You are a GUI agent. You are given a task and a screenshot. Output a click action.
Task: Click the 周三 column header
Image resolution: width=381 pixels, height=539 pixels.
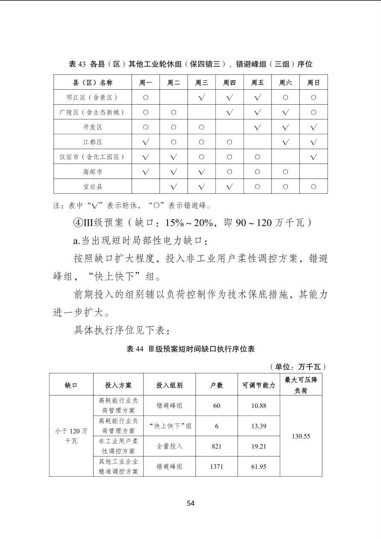pyautogui.click(x=202, y=82)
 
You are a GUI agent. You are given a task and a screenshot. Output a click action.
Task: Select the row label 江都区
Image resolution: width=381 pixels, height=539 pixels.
pyautogui.click(x=93, y=142)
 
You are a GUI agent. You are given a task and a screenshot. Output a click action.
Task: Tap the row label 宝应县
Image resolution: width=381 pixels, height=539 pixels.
pyautogui.click(x=93, y=187)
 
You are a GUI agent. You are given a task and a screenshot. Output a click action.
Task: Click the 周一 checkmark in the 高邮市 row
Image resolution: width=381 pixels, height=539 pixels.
pyautogui.click(x=146, y=172)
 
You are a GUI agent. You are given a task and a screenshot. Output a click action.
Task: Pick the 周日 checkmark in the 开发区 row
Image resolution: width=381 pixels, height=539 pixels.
pyautogui.click(x=314, y=127)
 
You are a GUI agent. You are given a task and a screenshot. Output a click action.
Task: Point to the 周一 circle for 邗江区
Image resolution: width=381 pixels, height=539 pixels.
pyautogui.click(x=146, y=97)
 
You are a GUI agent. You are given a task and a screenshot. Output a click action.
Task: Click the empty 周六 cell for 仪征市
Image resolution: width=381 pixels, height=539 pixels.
pyautogui.click(x=285, y=157)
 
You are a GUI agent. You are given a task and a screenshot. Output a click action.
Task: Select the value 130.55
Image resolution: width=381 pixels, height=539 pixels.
pyautogui.click(x=301, y=436)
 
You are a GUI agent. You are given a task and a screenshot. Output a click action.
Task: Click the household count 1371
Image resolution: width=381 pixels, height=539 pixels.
pyautogui.click(x=217, y=466)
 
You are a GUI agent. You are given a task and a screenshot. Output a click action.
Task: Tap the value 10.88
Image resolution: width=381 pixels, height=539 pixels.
pyautogui.click(x=258, y=405)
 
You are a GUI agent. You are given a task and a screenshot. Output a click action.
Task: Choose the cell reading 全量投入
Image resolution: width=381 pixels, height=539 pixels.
pyautogui.click(x=170, y=446)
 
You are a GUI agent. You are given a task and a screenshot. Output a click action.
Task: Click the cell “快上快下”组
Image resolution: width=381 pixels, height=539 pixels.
pyautogui.click(x=170, y=426)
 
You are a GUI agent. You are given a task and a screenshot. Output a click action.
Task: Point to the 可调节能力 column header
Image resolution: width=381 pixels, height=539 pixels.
pyautogui.click(x=258, y=385)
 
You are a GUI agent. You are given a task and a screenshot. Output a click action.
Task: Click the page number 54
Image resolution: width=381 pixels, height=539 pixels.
pyautogui.click(x=190, y=503)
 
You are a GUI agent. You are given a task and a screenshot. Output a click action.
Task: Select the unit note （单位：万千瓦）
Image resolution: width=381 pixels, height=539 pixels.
pyautogui.click(x=298, y=367)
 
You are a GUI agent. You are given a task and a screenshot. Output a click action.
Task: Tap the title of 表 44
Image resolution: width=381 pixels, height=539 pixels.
pyautogui.click(x=190, y=349)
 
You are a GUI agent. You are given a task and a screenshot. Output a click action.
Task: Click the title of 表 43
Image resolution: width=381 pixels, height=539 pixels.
pyautogui.click(x=190, y=64)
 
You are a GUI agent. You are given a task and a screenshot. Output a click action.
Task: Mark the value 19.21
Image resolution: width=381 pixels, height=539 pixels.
pyautogui.click(x=258, y=446)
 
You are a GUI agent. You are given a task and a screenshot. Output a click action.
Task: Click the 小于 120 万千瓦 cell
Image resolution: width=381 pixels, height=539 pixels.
pyautogui.click(x=71, y=436)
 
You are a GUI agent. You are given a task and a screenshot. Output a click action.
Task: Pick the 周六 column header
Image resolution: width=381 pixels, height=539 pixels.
pyautogui.click(x=285, y=82)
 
